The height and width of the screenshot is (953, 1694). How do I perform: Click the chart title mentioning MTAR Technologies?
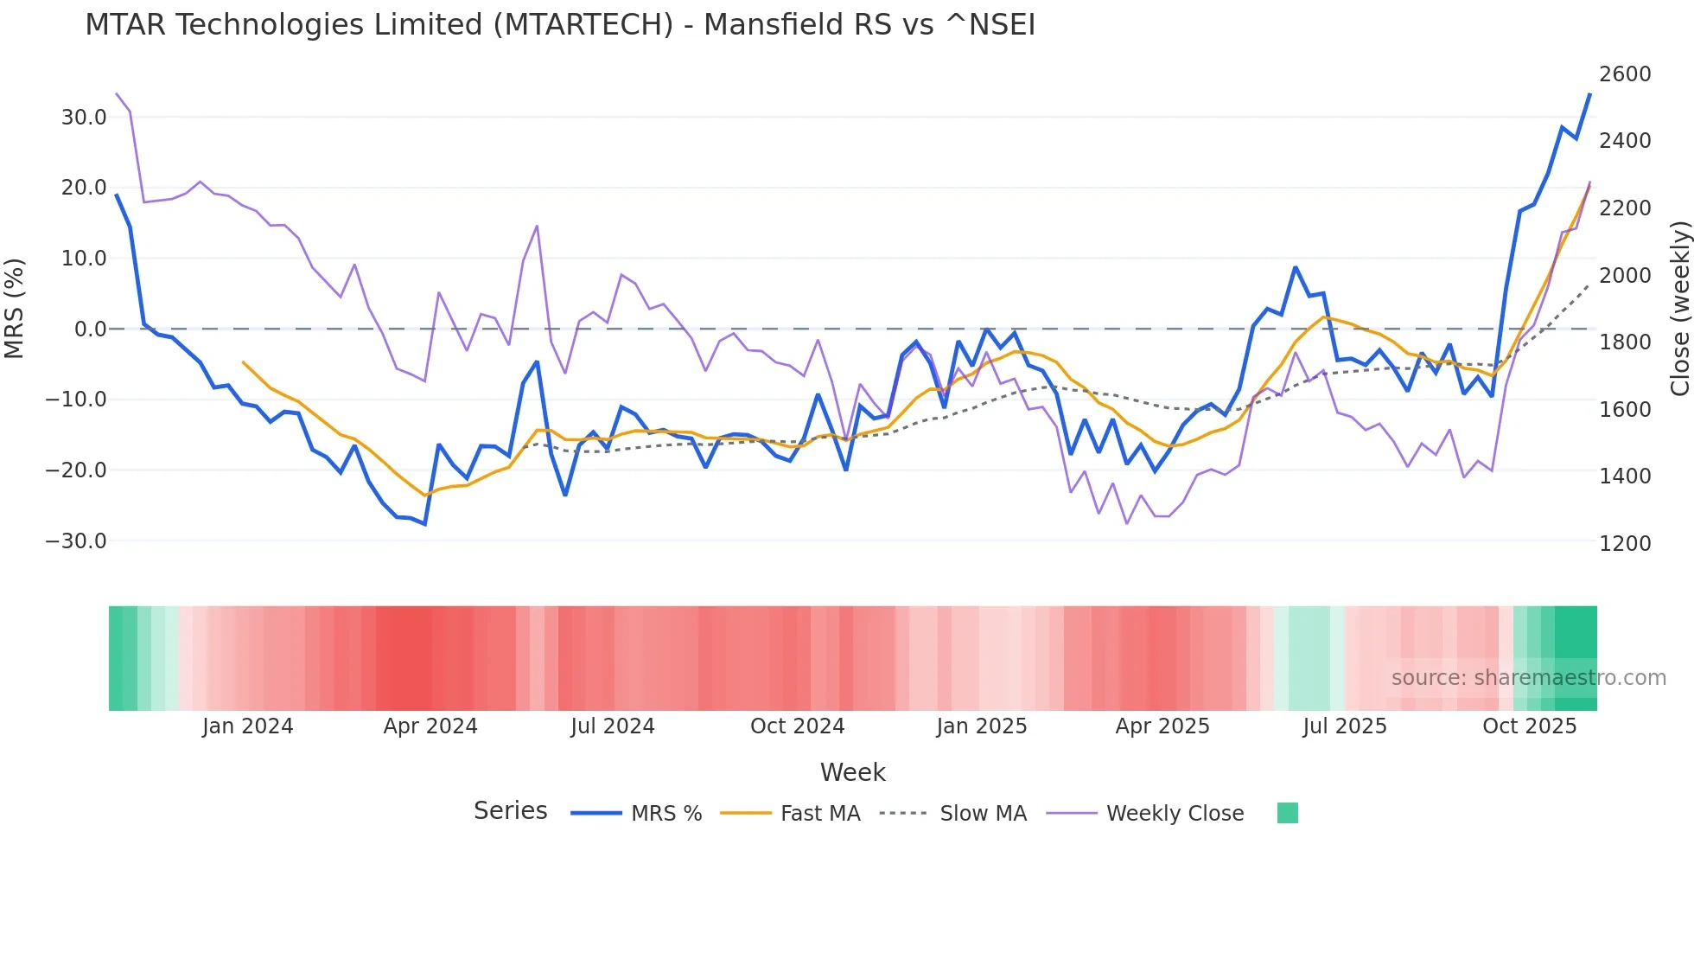[x=560, y=25]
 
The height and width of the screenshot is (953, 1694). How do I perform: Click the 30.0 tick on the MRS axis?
[x=84, y=117]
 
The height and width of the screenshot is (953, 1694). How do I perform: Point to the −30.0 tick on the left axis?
[x=76, y=541]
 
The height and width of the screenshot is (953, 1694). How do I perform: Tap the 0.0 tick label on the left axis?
[x=90, y=329]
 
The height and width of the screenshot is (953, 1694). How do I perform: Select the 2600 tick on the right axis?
[x=1625, y=74]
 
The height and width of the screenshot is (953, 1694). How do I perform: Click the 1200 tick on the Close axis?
[x=1625, y=544]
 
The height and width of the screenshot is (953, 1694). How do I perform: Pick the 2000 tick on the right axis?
[x=1625, y=276]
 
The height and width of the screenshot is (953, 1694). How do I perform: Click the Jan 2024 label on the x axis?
[x=247, y=726]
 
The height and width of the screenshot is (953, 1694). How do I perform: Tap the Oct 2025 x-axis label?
[x=1529, y=726]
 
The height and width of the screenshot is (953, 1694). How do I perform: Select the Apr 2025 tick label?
[x=1162, y=726]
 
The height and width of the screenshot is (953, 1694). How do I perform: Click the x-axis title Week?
[x=852, y=772]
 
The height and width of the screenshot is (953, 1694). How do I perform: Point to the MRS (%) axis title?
[x=15, y=309]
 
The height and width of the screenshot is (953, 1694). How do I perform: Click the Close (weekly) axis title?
[x=1679, y=309]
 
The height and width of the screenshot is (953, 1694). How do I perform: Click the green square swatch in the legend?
[x=1287, y=813]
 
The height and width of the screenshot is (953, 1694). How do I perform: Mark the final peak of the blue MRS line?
[x=1589, y=94]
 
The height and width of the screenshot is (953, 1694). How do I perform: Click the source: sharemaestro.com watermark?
[x=1528, y=678]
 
